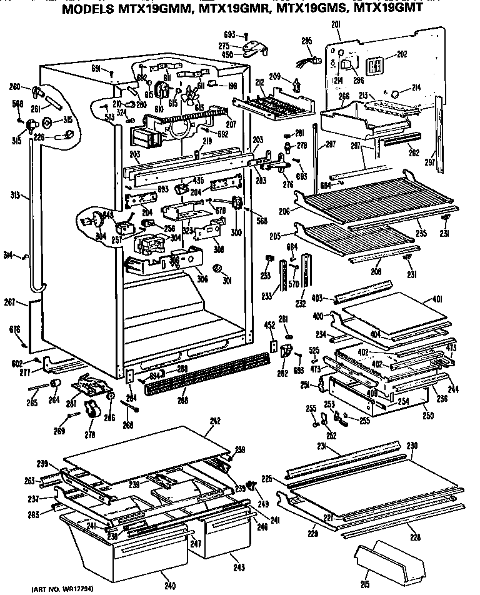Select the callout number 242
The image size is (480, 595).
click(x=215, y=422)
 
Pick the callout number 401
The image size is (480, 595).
click(x=437, y=299)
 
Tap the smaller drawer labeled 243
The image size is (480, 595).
click(x=223, y=534)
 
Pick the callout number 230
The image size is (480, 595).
click(x=411, y=446)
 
